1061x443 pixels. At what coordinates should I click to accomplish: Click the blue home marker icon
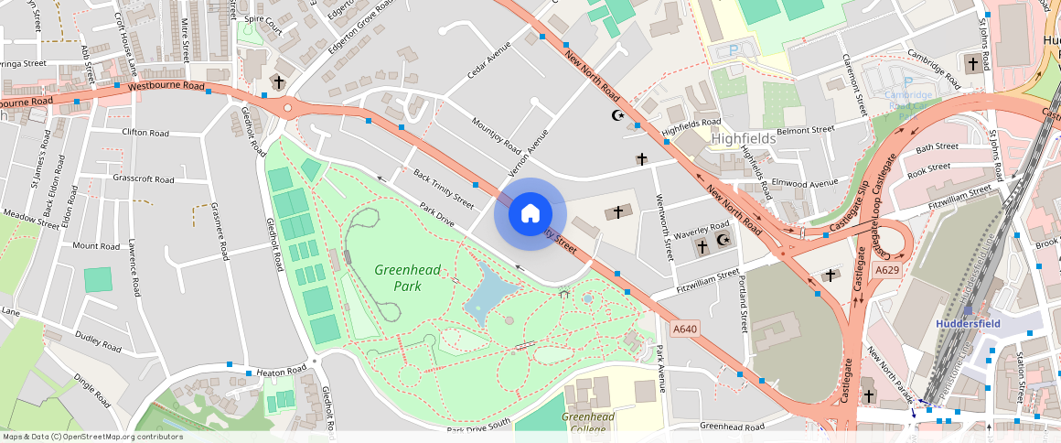[530, 214]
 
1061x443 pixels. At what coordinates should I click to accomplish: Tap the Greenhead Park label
[408, 277]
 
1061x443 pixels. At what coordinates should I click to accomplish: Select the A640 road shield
[685, 329]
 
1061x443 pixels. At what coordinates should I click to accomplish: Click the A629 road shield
[885, 271]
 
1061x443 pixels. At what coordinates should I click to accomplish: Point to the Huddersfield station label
[968, 323]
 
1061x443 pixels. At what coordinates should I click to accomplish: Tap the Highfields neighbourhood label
[743, 138]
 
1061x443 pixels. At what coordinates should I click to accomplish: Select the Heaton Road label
[282, 371]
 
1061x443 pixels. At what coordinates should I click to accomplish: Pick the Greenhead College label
[587, 423]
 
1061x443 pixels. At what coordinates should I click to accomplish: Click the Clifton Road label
[145, 133]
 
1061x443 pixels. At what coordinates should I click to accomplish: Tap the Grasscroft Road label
[143, 178]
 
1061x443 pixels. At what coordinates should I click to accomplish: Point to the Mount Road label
[96, 246]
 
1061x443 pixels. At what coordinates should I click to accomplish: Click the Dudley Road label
[98, 341]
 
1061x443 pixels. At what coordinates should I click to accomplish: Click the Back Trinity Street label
[444, 188]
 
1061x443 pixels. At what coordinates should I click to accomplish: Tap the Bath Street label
[937, 146]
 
